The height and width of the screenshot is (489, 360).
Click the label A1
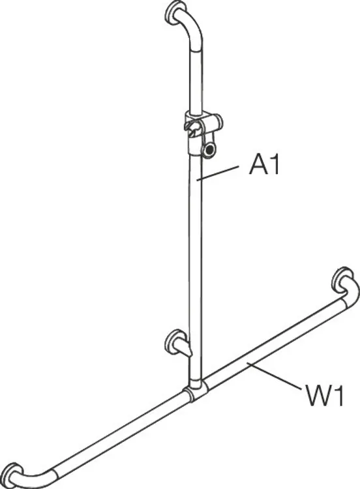tap(264, 165)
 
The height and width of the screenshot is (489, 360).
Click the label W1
tap(323, 396)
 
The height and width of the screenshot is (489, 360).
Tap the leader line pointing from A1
tap(218, 173)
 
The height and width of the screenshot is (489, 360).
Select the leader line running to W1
tap(274, 375)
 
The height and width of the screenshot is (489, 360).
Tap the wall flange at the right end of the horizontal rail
tap(342, 280)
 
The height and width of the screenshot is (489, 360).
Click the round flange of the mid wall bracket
tap(175, 342)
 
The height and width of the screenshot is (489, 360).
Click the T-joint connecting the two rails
tap(196, 389)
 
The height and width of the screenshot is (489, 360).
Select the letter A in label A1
tap(258, 165)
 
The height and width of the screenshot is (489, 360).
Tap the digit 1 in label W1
tap(338, 396)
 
